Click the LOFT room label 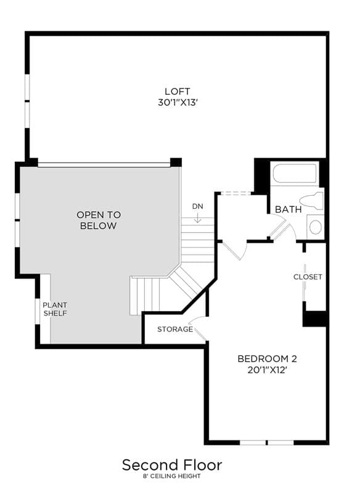click(x=177, y=91)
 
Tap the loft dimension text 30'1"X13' click(x=176, y=102)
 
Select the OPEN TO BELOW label click(x=99, y=221)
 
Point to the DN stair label click(x=198, y=206)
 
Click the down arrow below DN click(x=198, y=217)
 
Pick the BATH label click(x=288, y=209)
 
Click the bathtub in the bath click(x=295, y=174)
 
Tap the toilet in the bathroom click(x=314, y=200)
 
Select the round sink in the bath click(x=315, y=227)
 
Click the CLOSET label click(x=308, y=277)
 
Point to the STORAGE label click(x=175, y=329)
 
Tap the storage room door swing click(x=198, y=328)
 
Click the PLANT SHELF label click(x=55, y=309)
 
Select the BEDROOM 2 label click(x=267, y=358)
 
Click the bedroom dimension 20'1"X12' click(x=267, y=370)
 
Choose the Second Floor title click(x=172, y=465)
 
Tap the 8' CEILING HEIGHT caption click(x=171, y=476)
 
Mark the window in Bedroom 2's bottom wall click(x=267, y=442)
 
